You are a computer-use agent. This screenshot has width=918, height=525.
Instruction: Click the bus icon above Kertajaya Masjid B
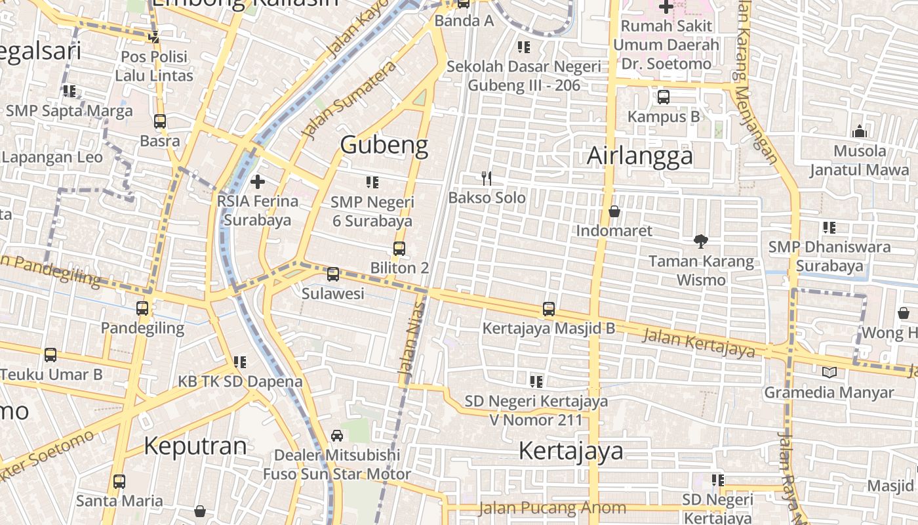(x=549, y=308)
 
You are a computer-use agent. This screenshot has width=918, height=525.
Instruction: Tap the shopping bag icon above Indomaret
(x=614, y=211)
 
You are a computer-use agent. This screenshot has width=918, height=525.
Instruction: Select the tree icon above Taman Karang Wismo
(x=701, y=241)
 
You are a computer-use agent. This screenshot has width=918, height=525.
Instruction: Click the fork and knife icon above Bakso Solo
(x=487, y=178)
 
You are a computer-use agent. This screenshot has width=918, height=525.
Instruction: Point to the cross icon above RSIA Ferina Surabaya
(x=258, y=181)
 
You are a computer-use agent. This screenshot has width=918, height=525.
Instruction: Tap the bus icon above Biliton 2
(x=399, y=249)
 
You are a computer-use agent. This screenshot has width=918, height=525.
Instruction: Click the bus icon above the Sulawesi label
(x=333, y=274)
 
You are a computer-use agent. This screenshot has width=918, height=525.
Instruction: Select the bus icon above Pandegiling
(x=142, y=308)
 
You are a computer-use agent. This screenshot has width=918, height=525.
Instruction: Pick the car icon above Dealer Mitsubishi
(x=336, y=436)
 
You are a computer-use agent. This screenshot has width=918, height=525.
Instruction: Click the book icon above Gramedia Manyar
(x=829, y=373)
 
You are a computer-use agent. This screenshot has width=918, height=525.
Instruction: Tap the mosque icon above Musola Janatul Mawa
(x=860, y=131)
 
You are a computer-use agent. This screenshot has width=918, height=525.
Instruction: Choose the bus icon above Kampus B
(x=664, y=97)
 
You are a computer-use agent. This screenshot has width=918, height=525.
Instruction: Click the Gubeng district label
(x=384, y=145)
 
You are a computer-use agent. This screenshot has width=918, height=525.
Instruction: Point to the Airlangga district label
(x=639, y=156)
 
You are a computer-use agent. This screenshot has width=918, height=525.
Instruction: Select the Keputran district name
(x=195, y=446)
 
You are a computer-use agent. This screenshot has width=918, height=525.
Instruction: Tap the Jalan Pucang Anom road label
(x=552, y=508)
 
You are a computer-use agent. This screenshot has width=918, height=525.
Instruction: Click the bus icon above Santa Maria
(x=119, y=482)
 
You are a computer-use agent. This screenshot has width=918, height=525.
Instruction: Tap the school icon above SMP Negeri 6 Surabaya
(x=372, y=182)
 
